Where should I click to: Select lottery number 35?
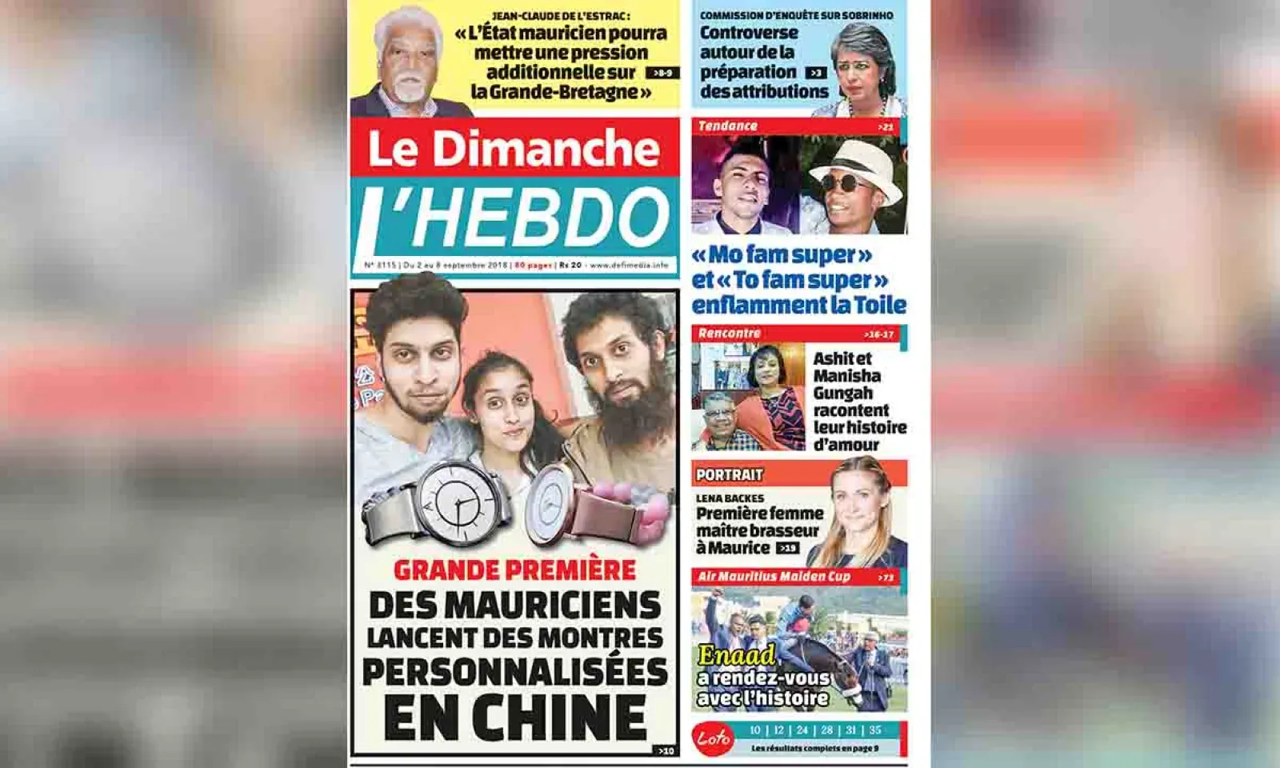pos(874,730)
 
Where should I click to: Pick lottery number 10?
pos(755,730)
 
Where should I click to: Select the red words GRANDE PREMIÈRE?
pos(514,570)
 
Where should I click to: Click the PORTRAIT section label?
pos(729,474)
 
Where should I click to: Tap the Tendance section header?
pos(727,126)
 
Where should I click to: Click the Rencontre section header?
pos(729,334)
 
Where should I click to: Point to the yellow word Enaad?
pos(737,655)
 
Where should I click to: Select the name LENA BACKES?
pos(730,498)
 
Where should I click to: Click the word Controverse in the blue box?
pos(749,33)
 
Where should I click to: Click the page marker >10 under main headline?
pos(666,750)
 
